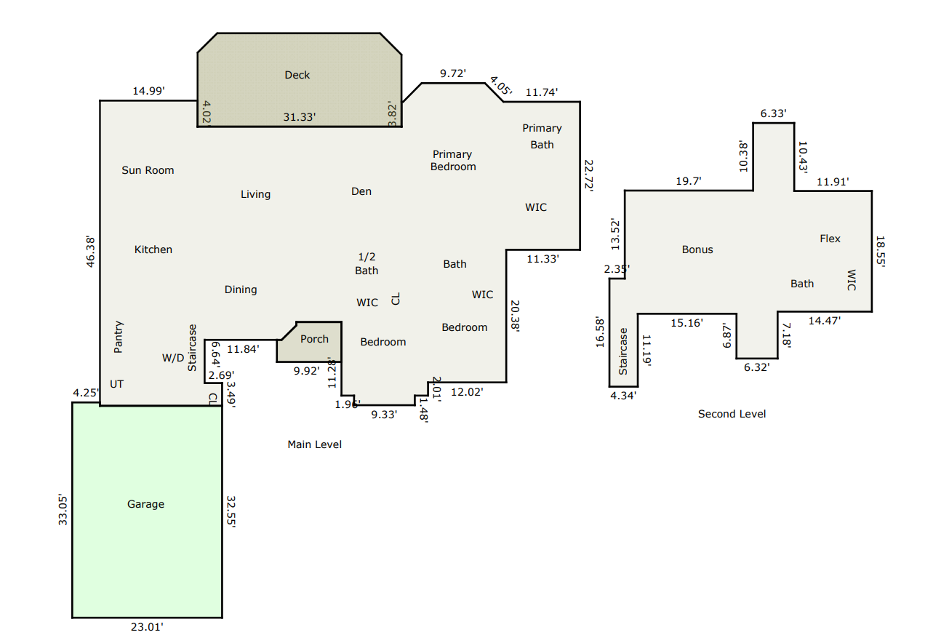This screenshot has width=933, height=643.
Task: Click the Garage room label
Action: (x=145, y=504)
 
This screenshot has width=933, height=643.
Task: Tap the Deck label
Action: (x=297, y=75)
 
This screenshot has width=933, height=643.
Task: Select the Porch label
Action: (x=314, y=339)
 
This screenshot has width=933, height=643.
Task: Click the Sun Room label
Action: (x=148, y=170)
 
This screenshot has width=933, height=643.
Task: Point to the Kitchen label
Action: (x=153, y=249)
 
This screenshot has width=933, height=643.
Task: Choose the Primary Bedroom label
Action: (x=452, y=160)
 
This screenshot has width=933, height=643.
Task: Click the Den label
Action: (x=361, y=191)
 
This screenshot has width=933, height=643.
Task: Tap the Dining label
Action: (x=241, y=289)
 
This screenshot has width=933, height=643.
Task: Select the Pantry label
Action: (x=119, y=337)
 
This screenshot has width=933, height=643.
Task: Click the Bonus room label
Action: (x=697, y=249)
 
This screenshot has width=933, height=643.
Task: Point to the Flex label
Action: (x=830, y=239)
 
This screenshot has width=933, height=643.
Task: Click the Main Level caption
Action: (x=314, y=444)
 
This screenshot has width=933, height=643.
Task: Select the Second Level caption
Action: (x=732, y=414)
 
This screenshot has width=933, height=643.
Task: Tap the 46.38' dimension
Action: (x=91, y=251)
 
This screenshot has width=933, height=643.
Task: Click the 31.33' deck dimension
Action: (x=300, y=116)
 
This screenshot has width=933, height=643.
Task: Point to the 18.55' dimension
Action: (x=881, y=252)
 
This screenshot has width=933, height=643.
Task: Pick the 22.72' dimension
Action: (x=588, y=175)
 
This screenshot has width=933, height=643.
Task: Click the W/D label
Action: (x=173, y=358)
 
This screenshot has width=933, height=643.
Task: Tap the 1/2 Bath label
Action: (x=367, y=263)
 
